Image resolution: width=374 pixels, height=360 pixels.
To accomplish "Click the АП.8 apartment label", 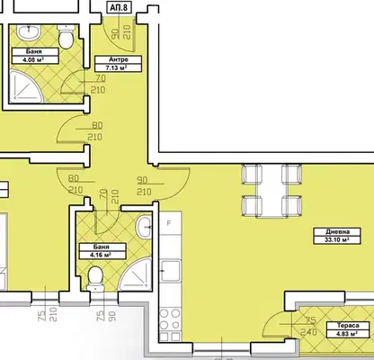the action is [120, 7].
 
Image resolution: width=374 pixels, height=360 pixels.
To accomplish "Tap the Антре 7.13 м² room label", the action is [118, 64].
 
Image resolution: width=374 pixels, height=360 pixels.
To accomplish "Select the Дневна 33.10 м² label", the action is [337, 236].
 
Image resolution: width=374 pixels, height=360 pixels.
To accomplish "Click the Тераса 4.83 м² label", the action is [348, 329].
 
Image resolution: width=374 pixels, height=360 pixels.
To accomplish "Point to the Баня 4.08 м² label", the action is [35, 56].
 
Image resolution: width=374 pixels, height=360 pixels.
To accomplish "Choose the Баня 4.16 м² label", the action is [102, 251].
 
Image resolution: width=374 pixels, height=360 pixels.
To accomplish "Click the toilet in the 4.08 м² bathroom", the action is [66, 37].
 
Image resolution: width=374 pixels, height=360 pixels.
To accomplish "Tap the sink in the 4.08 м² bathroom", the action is [29, 32].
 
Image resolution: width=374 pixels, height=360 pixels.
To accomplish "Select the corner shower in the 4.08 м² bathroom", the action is [26, 86].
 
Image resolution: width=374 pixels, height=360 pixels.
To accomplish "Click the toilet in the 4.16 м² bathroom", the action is [95, 279].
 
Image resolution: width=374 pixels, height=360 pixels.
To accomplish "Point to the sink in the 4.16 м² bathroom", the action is [144, 228].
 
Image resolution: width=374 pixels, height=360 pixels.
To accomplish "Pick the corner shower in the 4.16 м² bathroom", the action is [136, 274].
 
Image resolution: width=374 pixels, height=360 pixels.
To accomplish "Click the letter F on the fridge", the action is [169, 223].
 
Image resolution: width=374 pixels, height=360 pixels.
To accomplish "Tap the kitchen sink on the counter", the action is [171, 271].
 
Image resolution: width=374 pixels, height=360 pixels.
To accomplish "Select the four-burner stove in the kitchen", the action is [170, 325].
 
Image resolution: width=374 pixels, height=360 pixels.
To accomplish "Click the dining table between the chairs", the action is [272, 190].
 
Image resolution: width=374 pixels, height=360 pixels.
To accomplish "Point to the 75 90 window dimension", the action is [106, 316].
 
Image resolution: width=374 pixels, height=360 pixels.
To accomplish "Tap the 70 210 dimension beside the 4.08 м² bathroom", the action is [98, 84].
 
